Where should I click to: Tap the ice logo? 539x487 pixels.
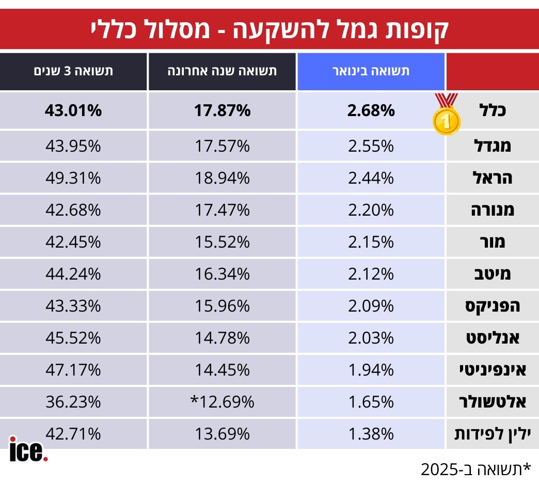(28, 449)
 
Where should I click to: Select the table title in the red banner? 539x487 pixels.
(269, 29)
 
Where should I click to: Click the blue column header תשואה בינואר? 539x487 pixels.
(371, 71)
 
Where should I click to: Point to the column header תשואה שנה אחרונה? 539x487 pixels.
(222, 71)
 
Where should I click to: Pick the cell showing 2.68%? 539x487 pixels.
(371, 111)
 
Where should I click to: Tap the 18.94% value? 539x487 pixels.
(222, 178)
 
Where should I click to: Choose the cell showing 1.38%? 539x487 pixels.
(371, 434)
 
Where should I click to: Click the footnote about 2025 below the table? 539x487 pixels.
(475, 469)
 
